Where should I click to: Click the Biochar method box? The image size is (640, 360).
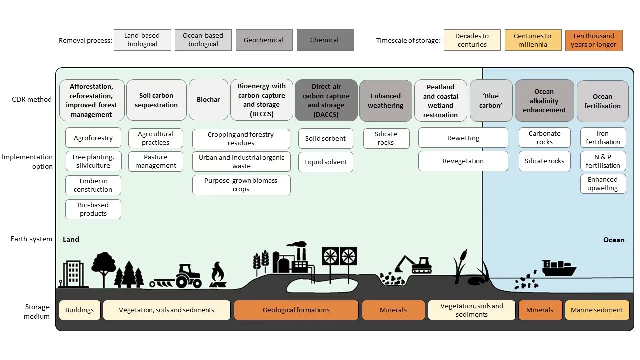[x=208, y=100]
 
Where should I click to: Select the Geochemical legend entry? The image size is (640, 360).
[x=264, y=40]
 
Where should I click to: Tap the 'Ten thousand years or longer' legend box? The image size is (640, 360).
[x=593, y=40]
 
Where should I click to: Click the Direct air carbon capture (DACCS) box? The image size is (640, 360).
[x=326, y=100]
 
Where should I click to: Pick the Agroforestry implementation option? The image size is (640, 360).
[x=93, y=138]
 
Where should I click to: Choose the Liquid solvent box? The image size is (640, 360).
[x=326, y=162]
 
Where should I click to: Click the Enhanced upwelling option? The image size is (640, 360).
[x=603, y=184]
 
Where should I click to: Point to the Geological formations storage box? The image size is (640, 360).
[x=296, y=310]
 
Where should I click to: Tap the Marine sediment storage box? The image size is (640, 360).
[x=597, y=310]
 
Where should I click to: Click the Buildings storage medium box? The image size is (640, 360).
[x=80, y=310]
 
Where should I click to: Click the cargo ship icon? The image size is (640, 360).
[x=558, y=268]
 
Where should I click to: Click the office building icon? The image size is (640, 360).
[x=73, y=274]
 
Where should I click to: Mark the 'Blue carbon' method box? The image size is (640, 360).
[x=491, y=100]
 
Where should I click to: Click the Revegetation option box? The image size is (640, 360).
[x=463, y=161]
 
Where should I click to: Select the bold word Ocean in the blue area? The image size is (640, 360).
[x=613, y=240]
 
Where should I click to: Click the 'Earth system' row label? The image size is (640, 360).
[x=31, y=239]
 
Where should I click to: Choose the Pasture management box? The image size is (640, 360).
[x=155, y=161]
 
